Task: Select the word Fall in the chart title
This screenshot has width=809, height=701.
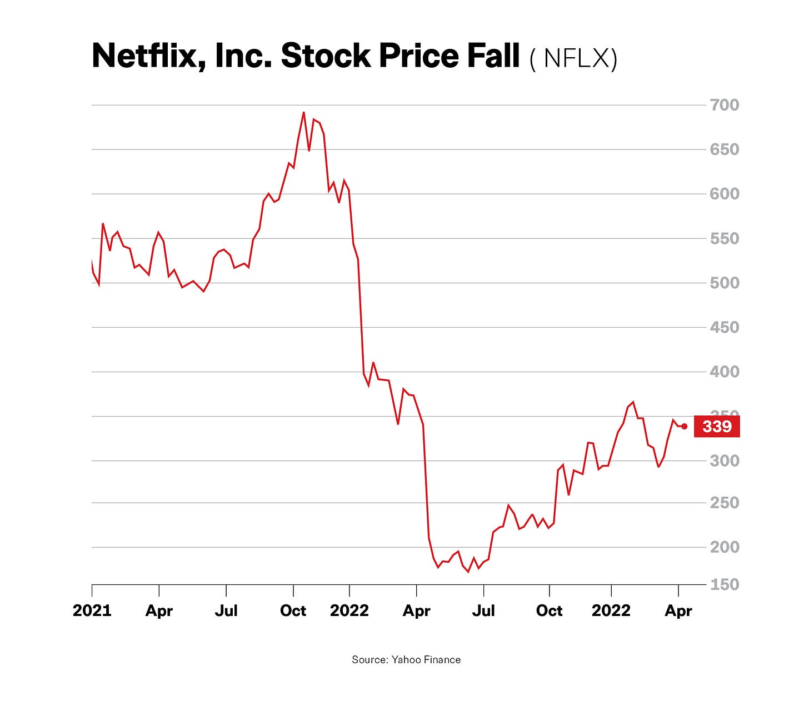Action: pos(492,57)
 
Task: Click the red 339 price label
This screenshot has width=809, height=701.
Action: pos(717,427)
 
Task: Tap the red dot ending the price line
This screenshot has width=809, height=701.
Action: pos(684,427)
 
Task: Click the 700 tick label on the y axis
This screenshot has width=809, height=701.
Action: pos(725,105)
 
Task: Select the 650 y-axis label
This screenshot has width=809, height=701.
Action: pos(725,149)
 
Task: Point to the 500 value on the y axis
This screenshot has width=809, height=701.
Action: pos(725,283)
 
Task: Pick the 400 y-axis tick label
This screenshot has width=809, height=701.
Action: pos(725,372)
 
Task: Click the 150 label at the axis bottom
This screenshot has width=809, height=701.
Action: pos(725,584)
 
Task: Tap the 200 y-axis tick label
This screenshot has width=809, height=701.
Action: pos(725,547)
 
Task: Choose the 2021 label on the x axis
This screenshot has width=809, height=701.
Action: pos(92,611)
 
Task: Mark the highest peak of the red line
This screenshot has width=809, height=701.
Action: pos(303,113)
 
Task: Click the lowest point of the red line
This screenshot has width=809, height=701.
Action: pos(468,572)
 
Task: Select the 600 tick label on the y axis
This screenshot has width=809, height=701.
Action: pos(725,194)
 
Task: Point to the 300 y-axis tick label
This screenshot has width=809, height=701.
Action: pos(725,460)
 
